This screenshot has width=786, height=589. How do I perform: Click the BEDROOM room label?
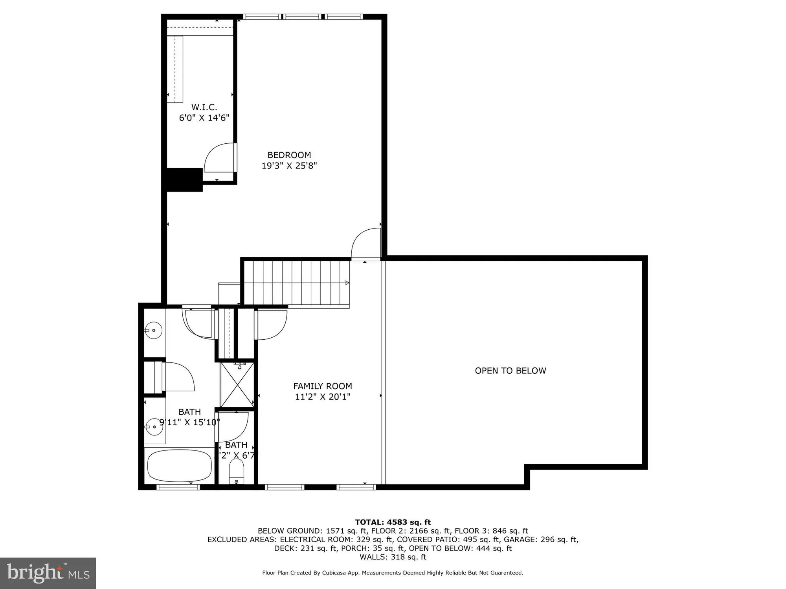[x=289, y=155]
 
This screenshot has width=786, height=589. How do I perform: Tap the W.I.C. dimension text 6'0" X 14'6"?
[x=204, y=118]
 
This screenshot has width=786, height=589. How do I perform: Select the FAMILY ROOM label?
[x=322, y=386]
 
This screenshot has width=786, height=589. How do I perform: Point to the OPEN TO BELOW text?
[x=510, y=371]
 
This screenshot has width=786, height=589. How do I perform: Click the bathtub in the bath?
[x=179, y=466]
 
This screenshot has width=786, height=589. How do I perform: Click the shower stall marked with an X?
[x=237, y=385]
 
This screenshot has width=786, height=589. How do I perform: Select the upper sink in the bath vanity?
[x=153, y=330]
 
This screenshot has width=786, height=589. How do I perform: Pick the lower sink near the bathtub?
[x=154, y=426]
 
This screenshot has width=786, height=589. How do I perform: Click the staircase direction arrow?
[x=347, y=283]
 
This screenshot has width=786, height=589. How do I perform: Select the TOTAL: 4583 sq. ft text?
[x=393, y=522]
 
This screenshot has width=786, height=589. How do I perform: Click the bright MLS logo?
[x=48, y=573]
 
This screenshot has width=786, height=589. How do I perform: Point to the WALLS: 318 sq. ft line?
[x=393, y=557]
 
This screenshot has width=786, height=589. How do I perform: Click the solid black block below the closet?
[x=184, y=180]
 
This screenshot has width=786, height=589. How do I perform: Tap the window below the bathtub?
[x=178, y=487]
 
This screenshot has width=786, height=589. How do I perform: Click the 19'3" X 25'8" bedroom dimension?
[x=289, y=166]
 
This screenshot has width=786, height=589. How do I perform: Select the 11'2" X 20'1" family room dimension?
[x=322, y=397]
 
